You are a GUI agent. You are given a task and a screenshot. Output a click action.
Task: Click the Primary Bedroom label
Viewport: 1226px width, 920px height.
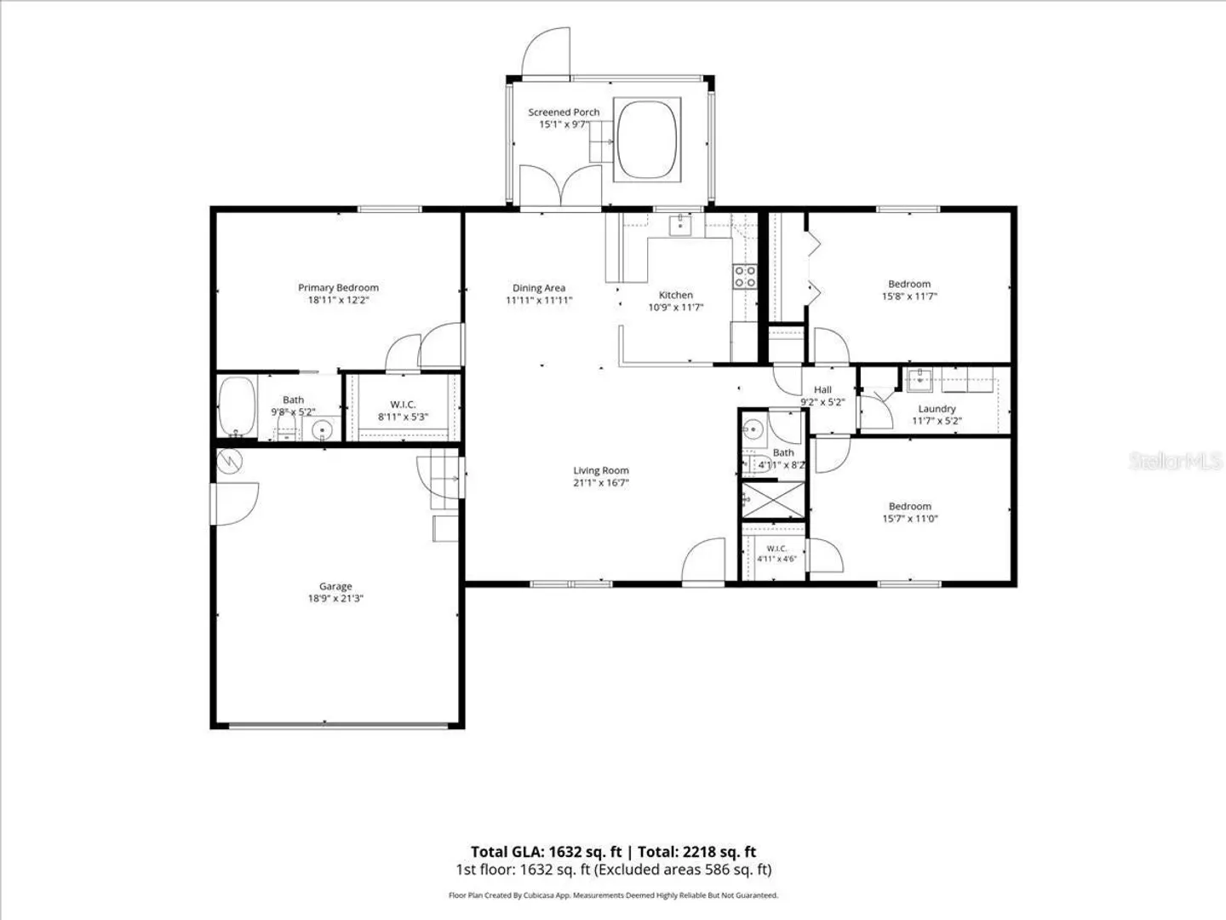[338, 288]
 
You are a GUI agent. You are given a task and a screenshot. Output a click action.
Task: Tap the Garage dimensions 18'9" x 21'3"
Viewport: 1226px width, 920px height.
[335, 598]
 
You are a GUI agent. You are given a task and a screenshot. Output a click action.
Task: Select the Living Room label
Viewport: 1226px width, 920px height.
[601, 470]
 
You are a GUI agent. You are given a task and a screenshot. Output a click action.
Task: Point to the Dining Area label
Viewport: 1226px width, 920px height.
[539, 288]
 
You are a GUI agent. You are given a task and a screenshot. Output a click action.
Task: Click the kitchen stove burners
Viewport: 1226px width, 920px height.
[744, 277]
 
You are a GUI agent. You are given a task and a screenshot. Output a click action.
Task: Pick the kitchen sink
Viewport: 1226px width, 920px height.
[679, 226]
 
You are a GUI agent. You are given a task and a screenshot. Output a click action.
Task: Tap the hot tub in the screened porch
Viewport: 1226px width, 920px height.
[647, 140]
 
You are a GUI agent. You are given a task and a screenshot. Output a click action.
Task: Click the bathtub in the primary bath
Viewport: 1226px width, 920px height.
[238, 406]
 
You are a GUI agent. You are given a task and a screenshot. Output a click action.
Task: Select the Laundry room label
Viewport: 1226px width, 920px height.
[937, 409]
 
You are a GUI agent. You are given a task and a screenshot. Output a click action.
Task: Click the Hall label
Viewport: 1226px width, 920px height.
[822, 390]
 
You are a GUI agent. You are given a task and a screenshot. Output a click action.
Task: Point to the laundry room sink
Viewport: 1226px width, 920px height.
[919, 379]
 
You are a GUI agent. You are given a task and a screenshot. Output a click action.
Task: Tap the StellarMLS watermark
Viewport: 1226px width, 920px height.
[1175, 461]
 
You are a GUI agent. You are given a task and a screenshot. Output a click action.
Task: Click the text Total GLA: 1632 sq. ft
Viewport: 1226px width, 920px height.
[547, 852]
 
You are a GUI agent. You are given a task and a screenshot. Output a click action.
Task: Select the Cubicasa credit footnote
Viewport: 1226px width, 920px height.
[613, 895]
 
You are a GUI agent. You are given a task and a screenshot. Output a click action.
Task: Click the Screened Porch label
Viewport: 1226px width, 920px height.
[564, 112]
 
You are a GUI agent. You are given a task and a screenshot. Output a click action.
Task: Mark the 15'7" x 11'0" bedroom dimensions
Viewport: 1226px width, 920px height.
[910, 519]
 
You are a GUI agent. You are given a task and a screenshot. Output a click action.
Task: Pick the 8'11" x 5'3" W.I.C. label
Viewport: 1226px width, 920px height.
[403, 417]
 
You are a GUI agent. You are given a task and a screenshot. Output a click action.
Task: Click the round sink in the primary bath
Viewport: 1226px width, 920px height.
[323, 429]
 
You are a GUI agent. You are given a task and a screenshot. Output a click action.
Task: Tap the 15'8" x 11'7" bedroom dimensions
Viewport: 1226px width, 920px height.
[909, 296]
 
